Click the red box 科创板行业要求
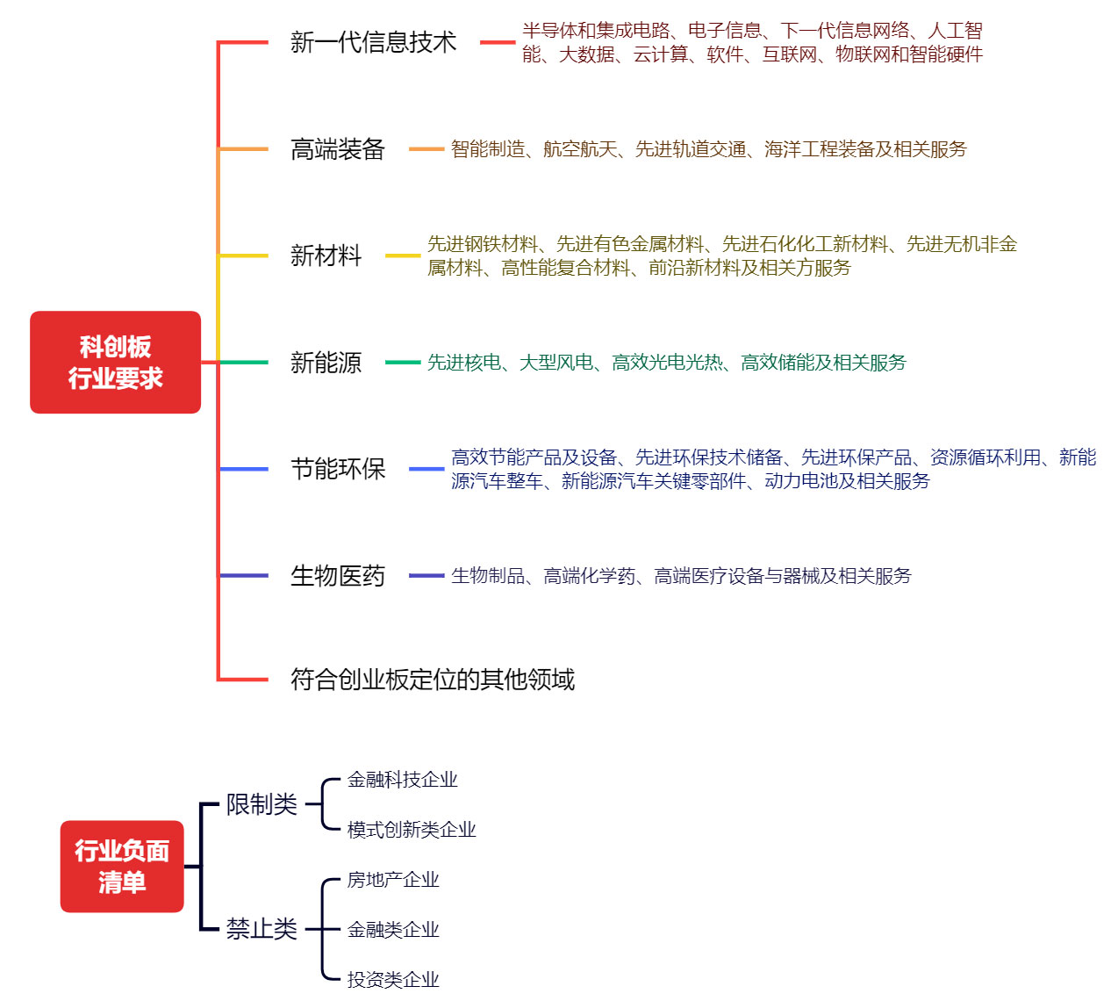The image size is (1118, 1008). pos(115,362)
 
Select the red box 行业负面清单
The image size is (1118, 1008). pos(122,867)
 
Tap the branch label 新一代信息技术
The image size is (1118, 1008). pos(374,42)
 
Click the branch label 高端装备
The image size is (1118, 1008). pos(338,149)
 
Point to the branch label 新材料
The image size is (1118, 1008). pos(326,256)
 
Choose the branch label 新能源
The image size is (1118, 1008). pos(326,363)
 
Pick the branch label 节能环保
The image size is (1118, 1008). pos(338,469)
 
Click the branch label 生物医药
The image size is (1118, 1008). pos(338,576)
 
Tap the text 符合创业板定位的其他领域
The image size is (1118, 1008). pos(433,680)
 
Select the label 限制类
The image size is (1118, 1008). pos(262,804)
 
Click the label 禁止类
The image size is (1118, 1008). pos(262,929)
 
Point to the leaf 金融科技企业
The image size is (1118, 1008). pos(403,780)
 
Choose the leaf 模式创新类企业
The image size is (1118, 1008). pos(412,830)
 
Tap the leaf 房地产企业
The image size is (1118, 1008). pos(393,880)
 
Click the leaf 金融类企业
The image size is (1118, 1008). pos(393,929)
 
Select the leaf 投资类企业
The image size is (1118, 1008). pos(393,980)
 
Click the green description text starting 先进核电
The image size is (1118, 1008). pos(667,363)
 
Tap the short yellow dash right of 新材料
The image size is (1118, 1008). pos(403,256)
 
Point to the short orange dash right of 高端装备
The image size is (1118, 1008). pos(426,149)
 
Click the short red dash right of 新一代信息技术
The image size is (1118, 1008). pos(498,42)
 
